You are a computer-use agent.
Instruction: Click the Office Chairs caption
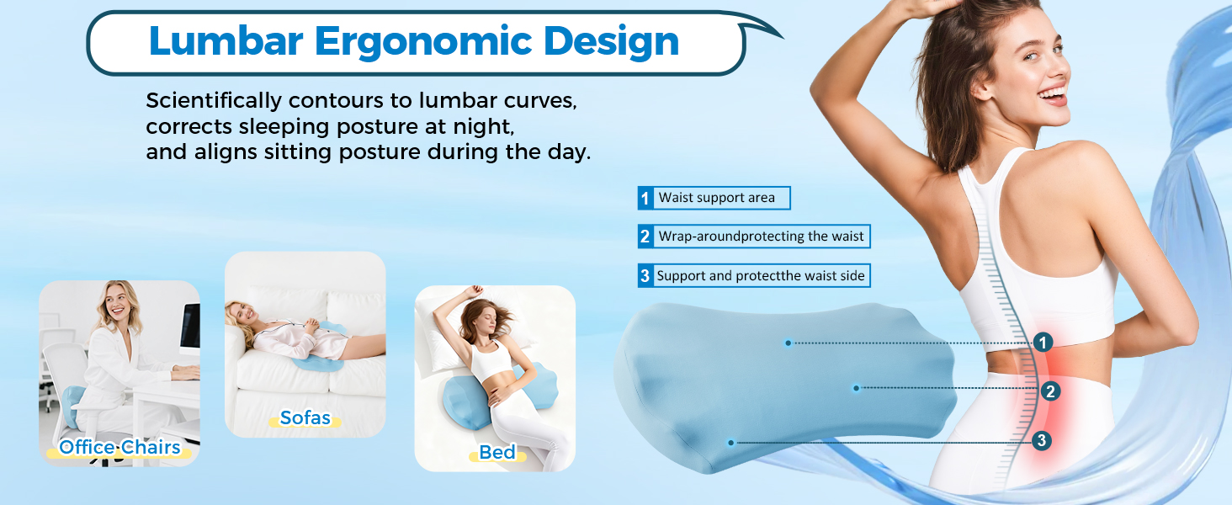coord(119,447)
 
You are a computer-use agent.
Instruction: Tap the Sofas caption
coord(305,417)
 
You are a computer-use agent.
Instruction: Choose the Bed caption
coord(497,453)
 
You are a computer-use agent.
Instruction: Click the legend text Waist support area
coord(716,198)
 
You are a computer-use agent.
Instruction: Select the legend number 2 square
coord(645,237)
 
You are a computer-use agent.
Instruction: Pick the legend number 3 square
coord(645,275)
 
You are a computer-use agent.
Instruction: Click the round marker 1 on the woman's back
coord(1043,343)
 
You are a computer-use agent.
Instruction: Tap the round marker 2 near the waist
coord(1049,391)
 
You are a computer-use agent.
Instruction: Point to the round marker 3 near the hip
coord(1042,440)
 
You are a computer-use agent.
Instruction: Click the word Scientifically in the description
coord(214,101)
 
